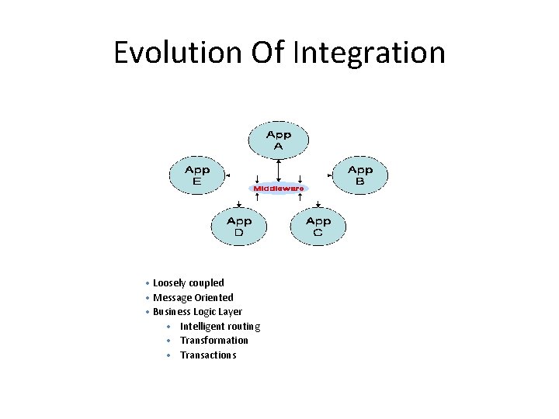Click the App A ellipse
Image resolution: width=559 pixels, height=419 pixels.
coord(279,140)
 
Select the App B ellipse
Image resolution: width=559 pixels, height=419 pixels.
coord(359,175)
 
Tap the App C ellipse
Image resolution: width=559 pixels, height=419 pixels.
coord(318,227)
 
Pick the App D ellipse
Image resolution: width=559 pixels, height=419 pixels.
coord(238,227)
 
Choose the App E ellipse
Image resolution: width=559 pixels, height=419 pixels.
coord(196,175)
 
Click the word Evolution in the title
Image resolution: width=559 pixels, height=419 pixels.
coord(178,53)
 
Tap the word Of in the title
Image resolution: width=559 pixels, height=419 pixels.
coord(268,53)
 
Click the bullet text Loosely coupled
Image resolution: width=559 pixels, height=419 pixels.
coord(189,283)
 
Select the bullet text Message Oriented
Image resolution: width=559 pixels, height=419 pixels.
coord(193,297)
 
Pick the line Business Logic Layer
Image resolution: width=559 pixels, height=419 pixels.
coord(198,312)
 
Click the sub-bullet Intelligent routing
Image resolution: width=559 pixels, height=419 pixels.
coord(220,327)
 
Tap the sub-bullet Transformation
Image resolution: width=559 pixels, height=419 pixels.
coord(214,341)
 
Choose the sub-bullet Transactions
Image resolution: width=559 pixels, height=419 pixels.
coord(208,355)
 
